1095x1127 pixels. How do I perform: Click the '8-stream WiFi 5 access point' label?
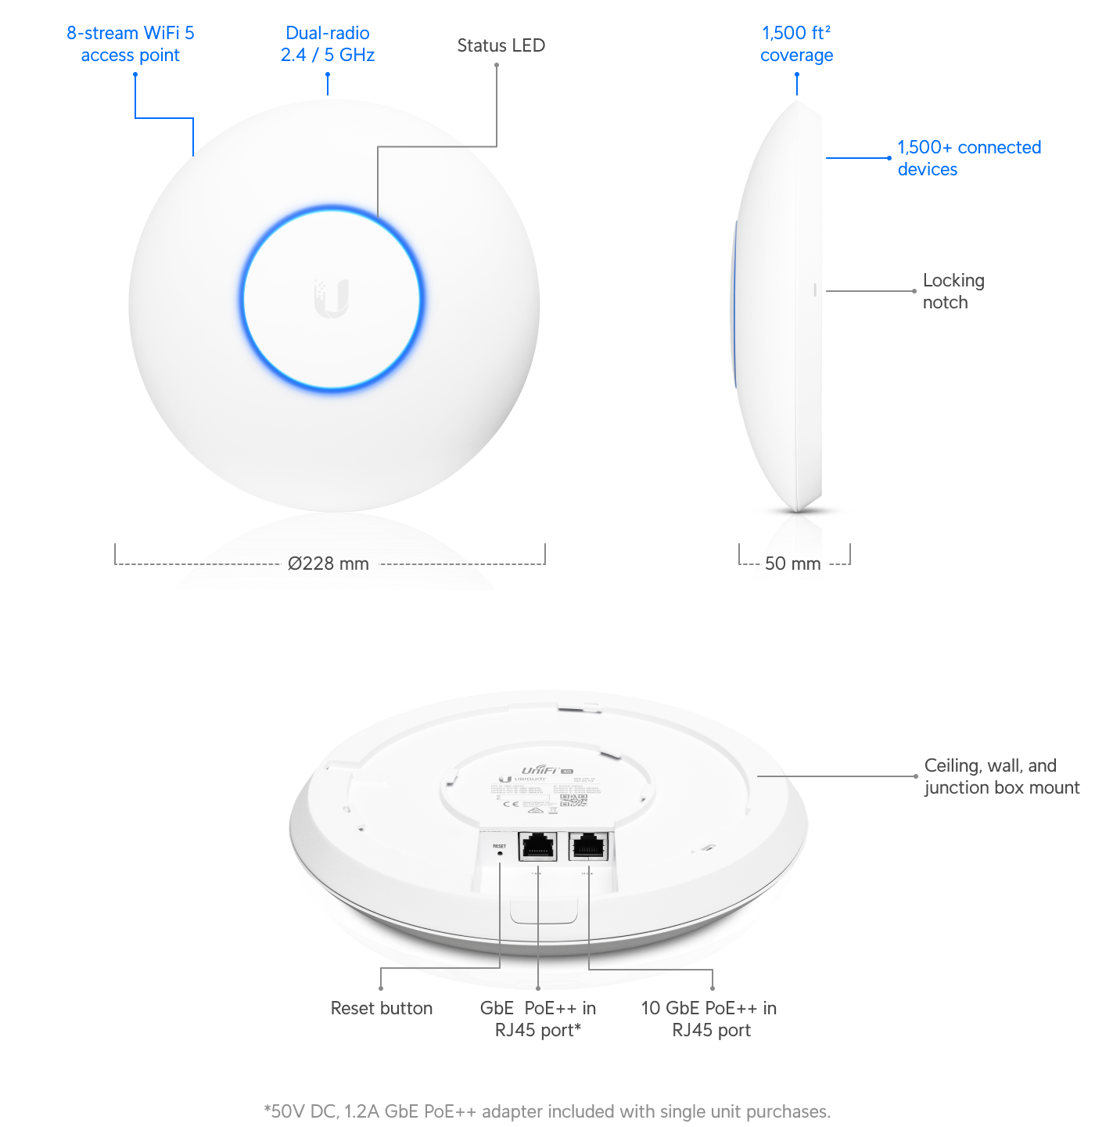tap(130, 44)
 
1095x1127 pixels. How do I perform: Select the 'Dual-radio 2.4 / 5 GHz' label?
tap(328, 44)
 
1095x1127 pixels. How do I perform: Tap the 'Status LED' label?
tap(501, 45)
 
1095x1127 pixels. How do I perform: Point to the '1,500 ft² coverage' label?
tap(796, 44)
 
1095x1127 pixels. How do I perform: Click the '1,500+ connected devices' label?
tap(968, 158)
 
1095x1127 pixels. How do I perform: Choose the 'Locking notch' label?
tap(953, 291)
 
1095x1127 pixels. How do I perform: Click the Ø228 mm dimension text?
tap(328, 563)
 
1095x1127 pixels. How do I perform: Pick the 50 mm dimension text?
tap(792, 563)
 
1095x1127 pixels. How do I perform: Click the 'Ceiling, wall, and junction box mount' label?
tap(1001, 776)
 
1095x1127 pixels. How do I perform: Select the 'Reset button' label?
tap(381, 1008)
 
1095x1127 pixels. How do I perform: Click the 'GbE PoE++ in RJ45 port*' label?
tap(538, 1019)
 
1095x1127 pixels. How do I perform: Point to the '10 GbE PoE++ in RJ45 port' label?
tap(709, 1019)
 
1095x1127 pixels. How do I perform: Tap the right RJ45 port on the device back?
tap(588, 846)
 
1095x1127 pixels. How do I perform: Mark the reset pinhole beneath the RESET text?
tap(500, 854)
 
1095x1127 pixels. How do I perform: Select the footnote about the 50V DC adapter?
tap(547, 1111)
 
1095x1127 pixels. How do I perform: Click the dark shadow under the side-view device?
tap(802, 511)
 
